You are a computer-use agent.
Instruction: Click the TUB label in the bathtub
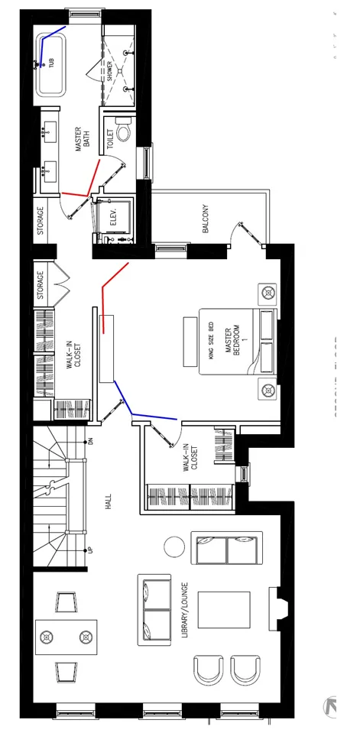(x=53, y=63)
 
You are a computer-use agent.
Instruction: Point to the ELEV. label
(x=113, y=216)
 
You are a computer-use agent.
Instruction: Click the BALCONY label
(x=205, y=219)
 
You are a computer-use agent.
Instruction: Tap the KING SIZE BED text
(x=212, y=341)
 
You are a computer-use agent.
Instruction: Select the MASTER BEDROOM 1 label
(x=232, y=341)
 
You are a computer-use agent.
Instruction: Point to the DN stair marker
(x=89, y=441)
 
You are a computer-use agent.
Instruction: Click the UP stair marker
(x=89, y=550)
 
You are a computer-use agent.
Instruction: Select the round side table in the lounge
(x=174, y=547)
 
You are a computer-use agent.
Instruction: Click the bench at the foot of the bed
(x=188, y=341)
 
